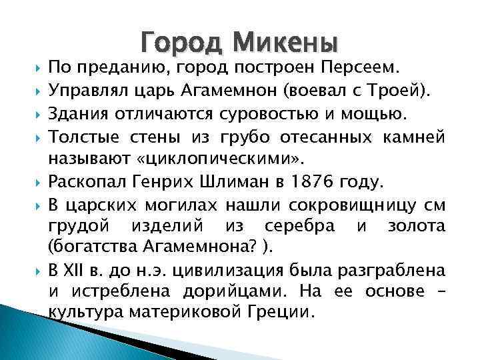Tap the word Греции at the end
pyautogui.click(x=286, y=311)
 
